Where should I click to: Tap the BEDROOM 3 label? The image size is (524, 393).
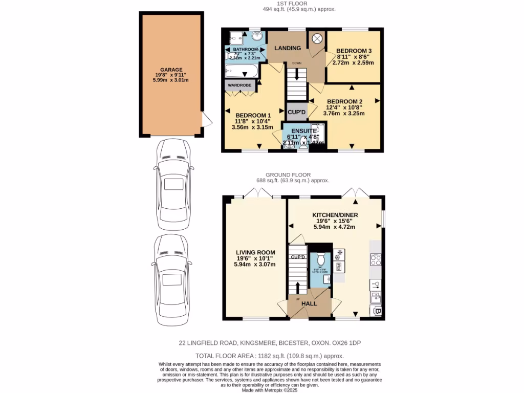click(353, 51)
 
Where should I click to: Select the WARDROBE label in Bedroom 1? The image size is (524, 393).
click(240, 84)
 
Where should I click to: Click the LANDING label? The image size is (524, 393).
click(288, 48)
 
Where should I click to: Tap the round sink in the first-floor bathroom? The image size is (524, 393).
click(257, 37)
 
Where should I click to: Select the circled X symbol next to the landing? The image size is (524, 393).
click(317, 38)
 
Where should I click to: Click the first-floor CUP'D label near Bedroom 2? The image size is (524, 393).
click(296, 112)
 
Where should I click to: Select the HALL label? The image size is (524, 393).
click(309, 303)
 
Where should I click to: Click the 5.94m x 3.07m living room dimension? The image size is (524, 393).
click(255, 265)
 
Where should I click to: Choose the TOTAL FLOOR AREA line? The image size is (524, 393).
click(269, 356)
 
